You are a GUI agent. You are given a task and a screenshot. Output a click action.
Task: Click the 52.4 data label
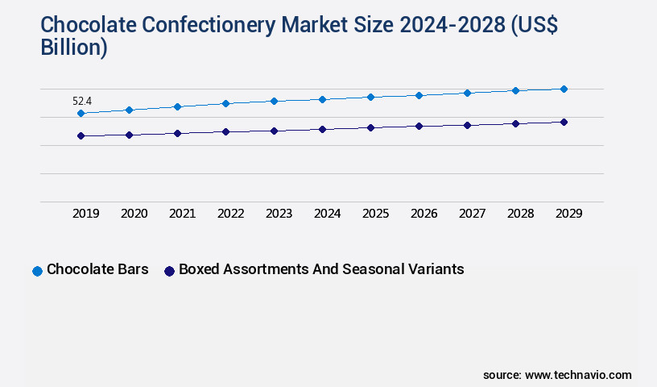[81, 101]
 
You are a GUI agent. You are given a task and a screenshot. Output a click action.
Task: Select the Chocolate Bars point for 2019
[81, 114]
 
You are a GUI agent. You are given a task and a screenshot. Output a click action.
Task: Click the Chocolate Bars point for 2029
[564, 89]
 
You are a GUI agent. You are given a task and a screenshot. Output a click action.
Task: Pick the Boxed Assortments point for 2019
[81, 135]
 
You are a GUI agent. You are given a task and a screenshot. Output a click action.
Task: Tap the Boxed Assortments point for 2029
[564, 122]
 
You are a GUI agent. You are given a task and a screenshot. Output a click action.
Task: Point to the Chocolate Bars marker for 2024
[322, 99]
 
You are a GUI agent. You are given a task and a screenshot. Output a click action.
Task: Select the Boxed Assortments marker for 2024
[322, 129]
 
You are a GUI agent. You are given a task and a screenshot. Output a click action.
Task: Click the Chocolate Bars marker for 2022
[225, 103]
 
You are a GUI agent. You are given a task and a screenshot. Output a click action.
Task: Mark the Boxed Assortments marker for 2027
[467, 125]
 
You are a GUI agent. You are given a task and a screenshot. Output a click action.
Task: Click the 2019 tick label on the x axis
[85, 214]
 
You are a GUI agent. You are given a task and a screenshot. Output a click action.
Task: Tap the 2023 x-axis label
[279, 214]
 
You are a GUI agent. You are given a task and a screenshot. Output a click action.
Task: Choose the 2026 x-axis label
[424, 214]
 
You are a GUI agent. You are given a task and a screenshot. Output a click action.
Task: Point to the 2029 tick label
[568, 214]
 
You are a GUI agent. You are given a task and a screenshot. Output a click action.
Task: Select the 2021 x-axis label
[182, 214]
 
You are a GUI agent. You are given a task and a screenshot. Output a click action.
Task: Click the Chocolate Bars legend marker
[37, 271]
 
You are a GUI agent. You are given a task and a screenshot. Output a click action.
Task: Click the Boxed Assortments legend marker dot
[169, 271]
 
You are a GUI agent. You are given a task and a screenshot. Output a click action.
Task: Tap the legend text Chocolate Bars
[97, 269]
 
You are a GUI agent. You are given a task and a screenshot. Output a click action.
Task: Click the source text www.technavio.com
[578, 375]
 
